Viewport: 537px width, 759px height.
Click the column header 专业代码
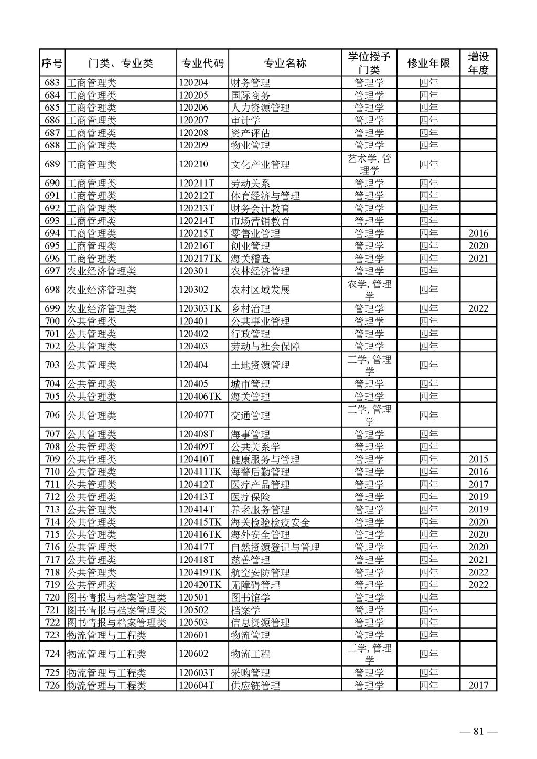(x=202, y=63)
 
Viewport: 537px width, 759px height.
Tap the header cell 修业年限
(x=428, y=63)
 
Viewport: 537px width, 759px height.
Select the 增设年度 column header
(x=478, y=63)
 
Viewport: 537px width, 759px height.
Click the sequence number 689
(x=52, y=164)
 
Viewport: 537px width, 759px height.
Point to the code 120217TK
(x=200, y=259)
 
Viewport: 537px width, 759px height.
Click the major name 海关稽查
(x=251, y=259)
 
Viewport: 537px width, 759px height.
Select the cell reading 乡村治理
(x=251, y=309)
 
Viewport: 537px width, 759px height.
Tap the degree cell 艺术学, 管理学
(x=369, y=164)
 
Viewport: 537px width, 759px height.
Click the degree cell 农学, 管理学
(x=369, y=290)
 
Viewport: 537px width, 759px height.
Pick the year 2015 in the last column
(x=478, y=459)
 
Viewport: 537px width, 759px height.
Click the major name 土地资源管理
(x=260, y=365)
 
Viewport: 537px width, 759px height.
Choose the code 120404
(x=193, y=365)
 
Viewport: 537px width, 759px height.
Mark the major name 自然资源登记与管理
(x=275, y=548)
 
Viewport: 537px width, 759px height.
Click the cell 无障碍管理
(x=255, y=585)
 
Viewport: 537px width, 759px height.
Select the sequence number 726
(x=52, y=686)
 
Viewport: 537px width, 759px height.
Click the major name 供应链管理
(x=255, y=686)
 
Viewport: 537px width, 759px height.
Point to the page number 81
(x=478, y=732)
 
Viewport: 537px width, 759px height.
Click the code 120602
(x=193, y=654)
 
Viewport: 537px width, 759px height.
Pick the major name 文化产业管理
(x=260, y=164)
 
